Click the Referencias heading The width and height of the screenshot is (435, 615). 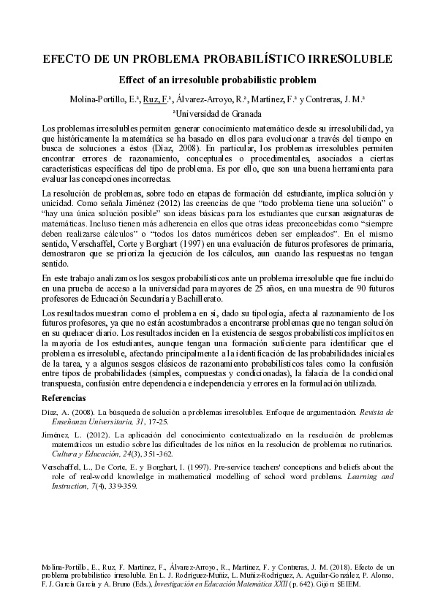tap(64, 399)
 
